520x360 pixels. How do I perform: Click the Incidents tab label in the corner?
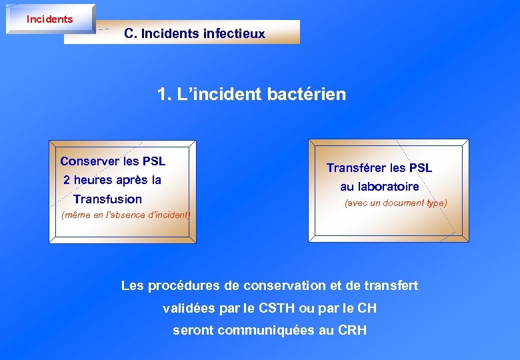[49, 19]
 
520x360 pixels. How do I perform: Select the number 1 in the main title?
[163, 94]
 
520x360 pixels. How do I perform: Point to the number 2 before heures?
[67, 180]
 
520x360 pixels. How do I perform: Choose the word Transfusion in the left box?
[107, 199]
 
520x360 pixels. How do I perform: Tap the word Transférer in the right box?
[357, 168]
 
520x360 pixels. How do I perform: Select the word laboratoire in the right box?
[389, 187]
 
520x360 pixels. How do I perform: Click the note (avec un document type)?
[395, 203]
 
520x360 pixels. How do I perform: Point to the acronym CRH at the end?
[353, 330]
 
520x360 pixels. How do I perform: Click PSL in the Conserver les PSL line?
[153, 161]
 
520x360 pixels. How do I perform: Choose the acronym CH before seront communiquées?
[366, 309]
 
